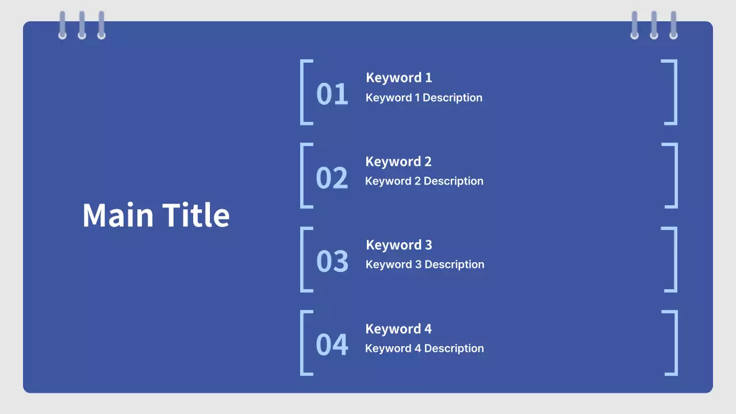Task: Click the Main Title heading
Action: point(156,215)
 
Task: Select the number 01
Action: point(332,94)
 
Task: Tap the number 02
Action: point(332,178)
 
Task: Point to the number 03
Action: point(332,261)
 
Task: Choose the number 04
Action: point(332,344)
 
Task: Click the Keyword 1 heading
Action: point(399,78)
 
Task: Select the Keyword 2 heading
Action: point(398,162)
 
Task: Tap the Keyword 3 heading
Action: point(399,245)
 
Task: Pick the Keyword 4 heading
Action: point(398,329)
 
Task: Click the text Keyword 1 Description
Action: point(424,98)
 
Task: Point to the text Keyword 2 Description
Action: point(424,181)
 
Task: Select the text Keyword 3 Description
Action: point(425,264)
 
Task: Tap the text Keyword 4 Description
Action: point(424,348)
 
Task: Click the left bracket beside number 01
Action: point(302,93)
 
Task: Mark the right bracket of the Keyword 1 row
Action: point(676,93)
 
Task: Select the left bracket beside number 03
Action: point(302,259)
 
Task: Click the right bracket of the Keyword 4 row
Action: point(676,343)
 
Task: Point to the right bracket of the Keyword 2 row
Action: point(676,176)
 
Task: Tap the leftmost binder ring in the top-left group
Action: point(63,25)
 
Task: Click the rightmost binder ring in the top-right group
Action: point(673,25)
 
